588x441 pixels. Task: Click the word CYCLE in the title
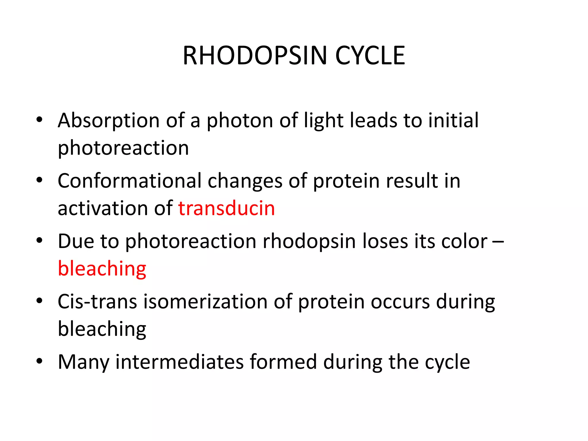tap(370, 56)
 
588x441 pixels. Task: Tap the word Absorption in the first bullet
tap(109, 121)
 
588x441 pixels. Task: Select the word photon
tap(240, 121)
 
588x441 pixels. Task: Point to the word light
tap(324, 121)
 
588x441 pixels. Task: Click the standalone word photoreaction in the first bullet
tap(123, 148)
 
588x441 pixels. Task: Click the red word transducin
tap(227, 208)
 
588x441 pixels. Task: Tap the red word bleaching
tap(102, 269)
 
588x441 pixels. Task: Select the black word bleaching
tap(102, 329)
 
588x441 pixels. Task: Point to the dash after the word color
tap(498, 242)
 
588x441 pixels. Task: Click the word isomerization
tap(205, 302)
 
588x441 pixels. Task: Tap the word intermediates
tap(179, 362)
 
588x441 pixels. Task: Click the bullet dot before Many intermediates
tap(39, 361)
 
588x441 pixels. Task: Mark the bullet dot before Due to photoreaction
tap(39, 240)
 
